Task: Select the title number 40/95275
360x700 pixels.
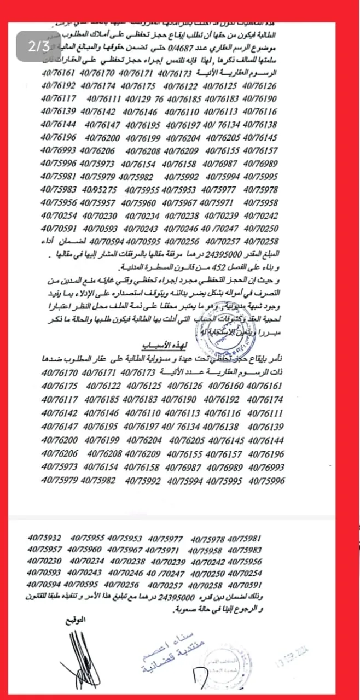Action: pyautogui.click(x=99, y=190)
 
